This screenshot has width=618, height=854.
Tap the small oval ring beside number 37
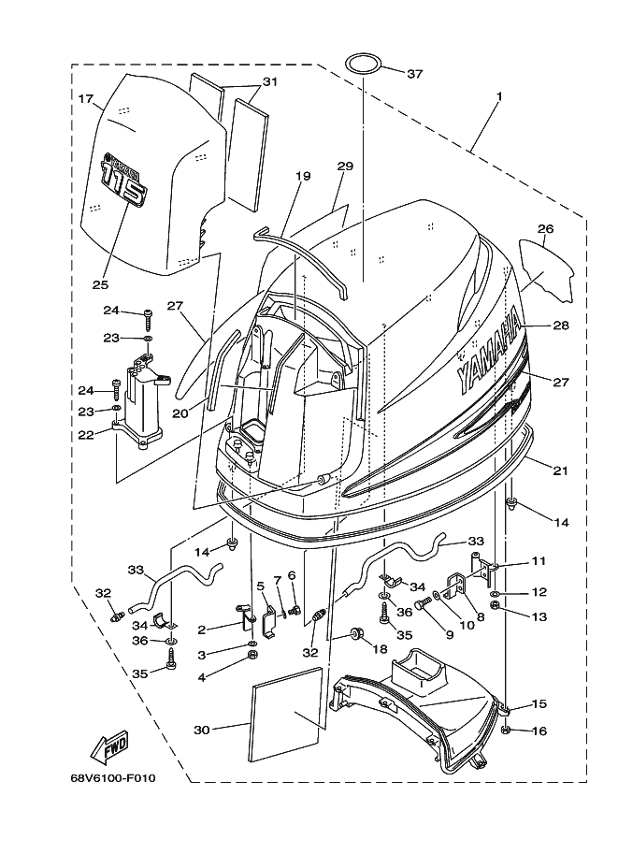tap(364, 64)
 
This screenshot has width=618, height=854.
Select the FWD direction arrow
tap(108, 747)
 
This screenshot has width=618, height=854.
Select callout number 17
tap(86, 98)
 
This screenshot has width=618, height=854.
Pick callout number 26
tap(546, 227)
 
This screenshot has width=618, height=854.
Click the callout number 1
tap(499, 97)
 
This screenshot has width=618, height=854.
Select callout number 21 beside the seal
tap(559, 470)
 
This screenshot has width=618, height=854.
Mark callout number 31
tap(269, 82)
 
